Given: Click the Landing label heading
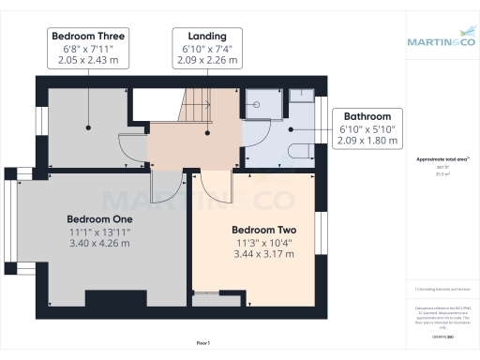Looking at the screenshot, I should point(207,37).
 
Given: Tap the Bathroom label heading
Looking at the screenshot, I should point(367,116).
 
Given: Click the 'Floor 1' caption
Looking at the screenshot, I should point(202,344).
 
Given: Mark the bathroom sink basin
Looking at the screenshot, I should point(303,97).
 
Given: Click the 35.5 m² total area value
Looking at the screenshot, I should point(440,173).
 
